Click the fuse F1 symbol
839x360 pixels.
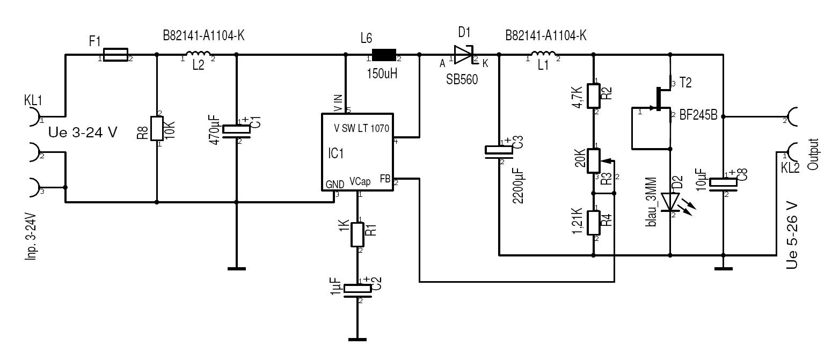click(x=115, y=55)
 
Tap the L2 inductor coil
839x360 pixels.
click(x=198, y=54)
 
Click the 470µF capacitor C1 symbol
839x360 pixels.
click(x=237, y=130)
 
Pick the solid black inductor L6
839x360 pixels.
click(x=384, y=55)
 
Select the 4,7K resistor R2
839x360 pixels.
click(x=594, y=95)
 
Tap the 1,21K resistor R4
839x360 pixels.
click(x=594, y=223)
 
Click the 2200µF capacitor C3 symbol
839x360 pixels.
click(x=499, y=151)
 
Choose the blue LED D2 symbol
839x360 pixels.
click(x=670, y=202)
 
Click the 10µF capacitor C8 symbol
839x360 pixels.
click(x=723, y=182)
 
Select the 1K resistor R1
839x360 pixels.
click(x=358, y=234)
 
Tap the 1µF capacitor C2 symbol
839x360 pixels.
click(x=358, y=289)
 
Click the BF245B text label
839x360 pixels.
click(x=698, y=115)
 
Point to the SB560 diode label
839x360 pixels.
click(x=462, y=78)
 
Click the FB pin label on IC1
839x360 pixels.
click(x=385, y=178)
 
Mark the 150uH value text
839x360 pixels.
click(x=382, y=74)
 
